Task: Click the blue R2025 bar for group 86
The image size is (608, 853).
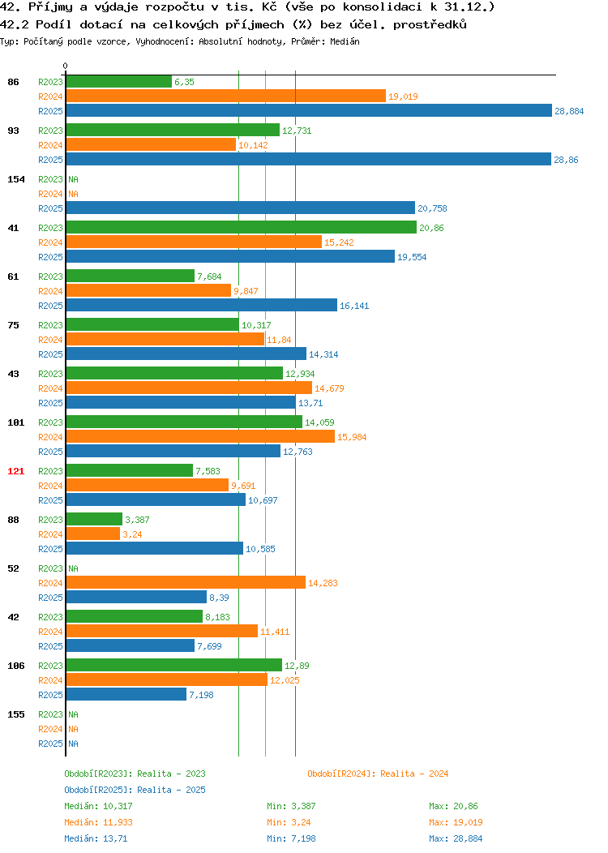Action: tap(309, 110)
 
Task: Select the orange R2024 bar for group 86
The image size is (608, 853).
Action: tap(226, 96)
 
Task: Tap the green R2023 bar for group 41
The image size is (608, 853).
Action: tap(242, 227)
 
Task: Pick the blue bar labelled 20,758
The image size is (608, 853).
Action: tap(241, 208)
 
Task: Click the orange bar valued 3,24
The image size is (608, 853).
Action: tap(93, 534)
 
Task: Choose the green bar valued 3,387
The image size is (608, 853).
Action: tap(94, 519)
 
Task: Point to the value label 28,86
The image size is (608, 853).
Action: tap(566, 160)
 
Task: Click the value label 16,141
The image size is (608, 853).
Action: tap(354, 306)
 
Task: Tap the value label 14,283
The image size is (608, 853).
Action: tap(323, 583)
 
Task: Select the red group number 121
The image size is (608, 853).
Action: tap(15, 471)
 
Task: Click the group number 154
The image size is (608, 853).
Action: tap(15, 179)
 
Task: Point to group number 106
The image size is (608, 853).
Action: tap(15, 666)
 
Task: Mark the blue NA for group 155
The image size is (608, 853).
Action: tap(74, 744)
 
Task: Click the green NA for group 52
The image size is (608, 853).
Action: tap(74, 568)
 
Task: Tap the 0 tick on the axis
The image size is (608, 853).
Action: tap(66, 66)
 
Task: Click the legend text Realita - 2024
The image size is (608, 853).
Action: tap(414, 774)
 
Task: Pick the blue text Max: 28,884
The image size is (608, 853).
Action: tap(456, 839)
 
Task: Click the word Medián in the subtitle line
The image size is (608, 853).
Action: tap(345, 41)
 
